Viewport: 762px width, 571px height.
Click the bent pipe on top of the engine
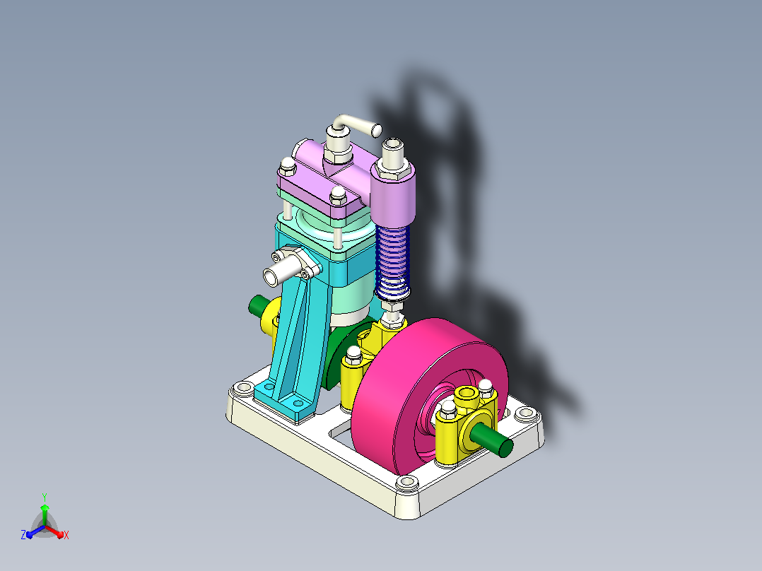point(357,124)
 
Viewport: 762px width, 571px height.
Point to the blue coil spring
point(393,262)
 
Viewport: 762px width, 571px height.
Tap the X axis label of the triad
point(66,535)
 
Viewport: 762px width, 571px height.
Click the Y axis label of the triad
point(45,497)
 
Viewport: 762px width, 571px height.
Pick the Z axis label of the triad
point(23,535)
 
